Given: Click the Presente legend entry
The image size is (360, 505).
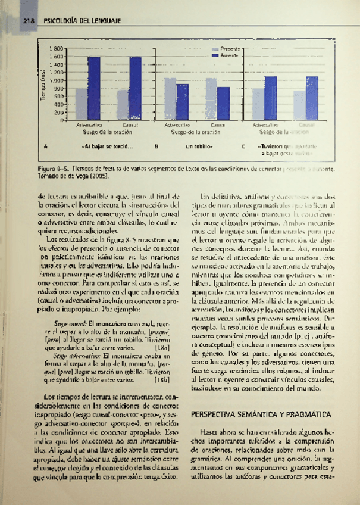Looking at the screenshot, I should (228, 48).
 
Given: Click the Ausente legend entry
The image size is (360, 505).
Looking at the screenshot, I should (228, 55).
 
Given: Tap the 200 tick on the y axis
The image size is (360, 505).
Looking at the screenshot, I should (60, 112).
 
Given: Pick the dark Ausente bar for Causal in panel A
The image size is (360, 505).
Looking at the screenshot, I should (135, 89).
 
